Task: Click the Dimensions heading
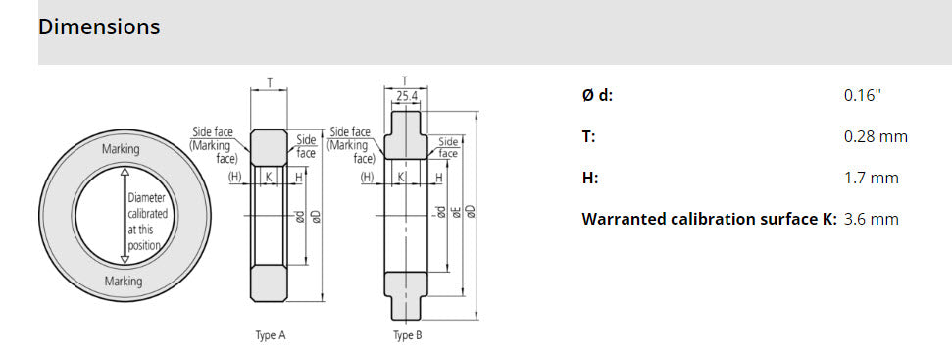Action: click(x=99, y=26)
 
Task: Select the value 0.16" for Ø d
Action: click(x=862, y=95)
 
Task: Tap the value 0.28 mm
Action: click(x=876, y=136)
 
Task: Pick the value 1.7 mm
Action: click(x=872, y=178)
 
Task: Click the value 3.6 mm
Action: click(x=872, y=219)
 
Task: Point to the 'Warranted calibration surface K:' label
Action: click(x=710, y=219)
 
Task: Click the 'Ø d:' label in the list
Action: click(x=597, y=95)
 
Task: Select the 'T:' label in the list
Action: click(x=588, y=136)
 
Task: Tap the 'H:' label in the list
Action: click(x=590, y=178)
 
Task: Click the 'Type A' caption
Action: click(x=271, y=335)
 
